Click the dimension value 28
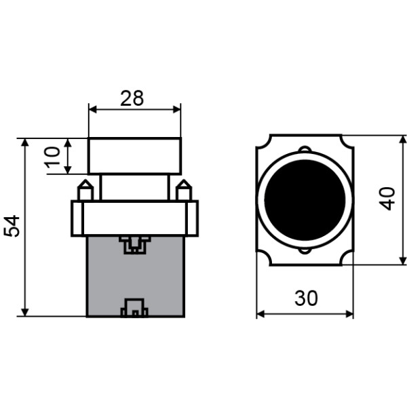coord(132,98)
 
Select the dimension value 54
coord(12,227)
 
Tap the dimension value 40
coord(387,199)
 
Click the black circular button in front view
coord(305,199)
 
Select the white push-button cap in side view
coord(134,156)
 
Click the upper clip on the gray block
coord(134,244)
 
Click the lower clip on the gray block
coord(134,309)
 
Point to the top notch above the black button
coord(305,149)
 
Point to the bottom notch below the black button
coord(305,250)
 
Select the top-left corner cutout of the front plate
coord(263,140)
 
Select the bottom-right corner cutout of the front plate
coord(347,259)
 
